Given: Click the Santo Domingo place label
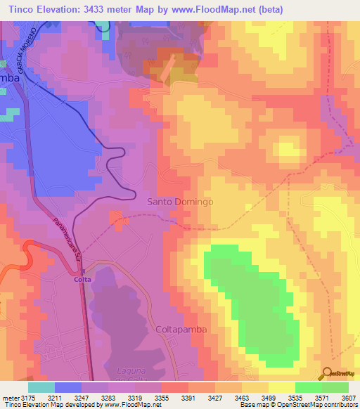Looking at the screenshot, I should click(x=179, y=202).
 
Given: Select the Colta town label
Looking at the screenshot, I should click(x=82, y=279).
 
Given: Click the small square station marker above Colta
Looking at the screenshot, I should click(x=82, y=271).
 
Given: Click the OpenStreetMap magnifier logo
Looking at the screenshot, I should click(x=327, y=372).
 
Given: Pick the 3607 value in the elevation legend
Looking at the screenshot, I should click(x=349, y=398).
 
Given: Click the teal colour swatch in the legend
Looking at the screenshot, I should click(x=41, y=387).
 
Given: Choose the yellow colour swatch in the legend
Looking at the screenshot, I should click(x=281, y=387).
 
